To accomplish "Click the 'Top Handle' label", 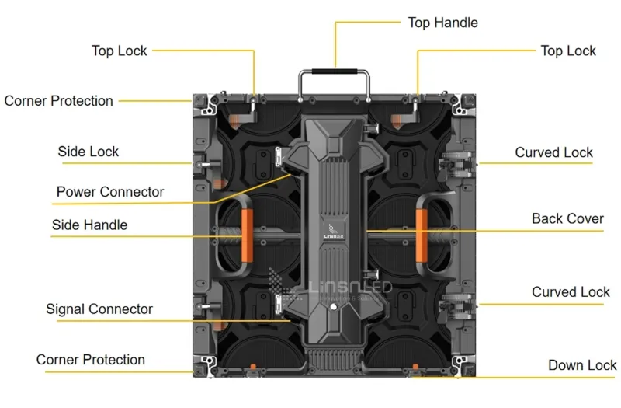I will click(x=442, y=23).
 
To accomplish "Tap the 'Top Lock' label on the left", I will click(x=119, y=51).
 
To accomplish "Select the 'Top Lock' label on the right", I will click(x=568, y=51).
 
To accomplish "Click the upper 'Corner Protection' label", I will click(x=58, y=101).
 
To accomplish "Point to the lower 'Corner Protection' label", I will click(x=90, y=360).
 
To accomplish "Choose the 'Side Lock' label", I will click(x=88, y=152).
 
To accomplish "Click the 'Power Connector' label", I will click(x=110, y=192).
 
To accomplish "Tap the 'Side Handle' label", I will click(x=89, y=225).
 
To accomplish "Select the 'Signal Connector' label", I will click(x=99, y=309).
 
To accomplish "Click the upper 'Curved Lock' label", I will click(x=553, y=152).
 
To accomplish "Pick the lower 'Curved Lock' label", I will click(x=571, y=292).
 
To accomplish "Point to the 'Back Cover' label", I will click(x=567, y=219).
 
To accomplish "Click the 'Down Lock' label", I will click(x=582, y=365).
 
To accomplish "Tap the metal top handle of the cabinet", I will click(x=335, y=71).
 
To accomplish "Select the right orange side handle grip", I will click(x=422, y=233).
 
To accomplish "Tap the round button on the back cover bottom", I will click(x=335, y=308).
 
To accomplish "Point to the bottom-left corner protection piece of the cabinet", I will click(x=205, y=363).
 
